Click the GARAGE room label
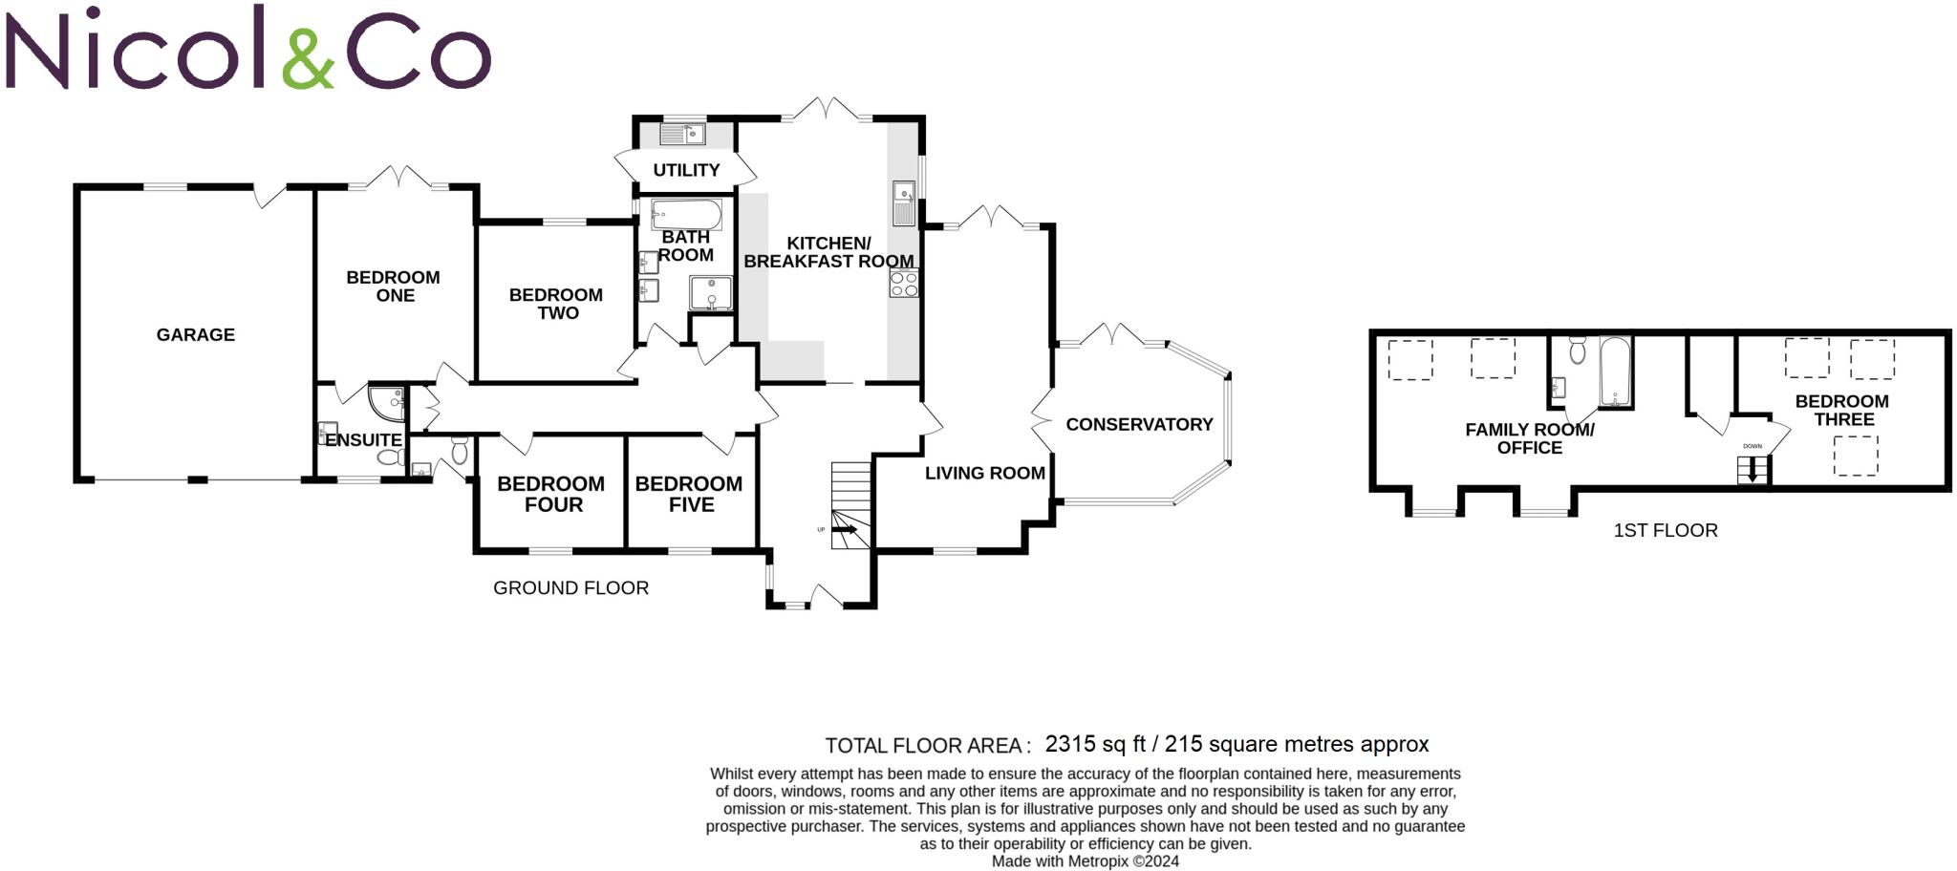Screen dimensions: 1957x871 pyautogui.click(x=196, y=335)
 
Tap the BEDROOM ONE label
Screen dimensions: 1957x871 pyautogui.click(x=394, y=287)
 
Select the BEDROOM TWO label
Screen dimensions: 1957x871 pyautogui.click(x=556, y=304)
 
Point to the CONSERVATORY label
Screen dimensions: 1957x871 pyautogui.click(x=1139, y=425)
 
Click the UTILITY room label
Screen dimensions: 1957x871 pyautogui.click(x=686, y=171)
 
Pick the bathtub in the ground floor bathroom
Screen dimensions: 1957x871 pyautogui.click(x=686, y=214)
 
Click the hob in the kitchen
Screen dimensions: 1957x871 pyautogui.click(x=904, y=284)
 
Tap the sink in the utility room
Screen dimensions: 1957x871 pyautogui.click(x=682, y=135)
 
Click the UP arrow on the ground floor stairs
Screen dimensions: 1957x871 pyautogui.click(x=844, y=529)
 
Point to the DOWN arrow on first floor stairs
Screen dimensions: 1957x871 pyautogui.click(x=1753, y=469)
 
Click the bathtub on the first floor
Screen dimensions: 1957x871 pyautogui.click(x=1615, y=372)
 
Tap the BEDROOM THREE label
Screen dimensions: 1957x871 pyautogui.click(x=1842, y=411)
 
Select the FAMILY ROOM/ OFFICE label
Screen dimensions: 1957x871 pyautogui.click(x=1530, y=439)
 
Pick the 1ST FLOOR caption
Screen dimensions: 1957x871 pyautogui.click(x=1666, y=531)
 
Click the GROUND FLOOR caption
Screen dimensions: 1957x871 pyautogui.click(x=570, y=588)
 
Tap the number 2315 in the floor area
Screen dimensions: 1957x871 pyautogui.click(x=1070, y=744)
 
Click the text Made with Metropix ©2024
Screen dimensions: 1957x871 pyautogui.click(x=1086, y=861)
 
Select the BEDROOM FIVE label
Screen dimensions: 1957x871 pyautogui.click(x=689, y=494)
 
